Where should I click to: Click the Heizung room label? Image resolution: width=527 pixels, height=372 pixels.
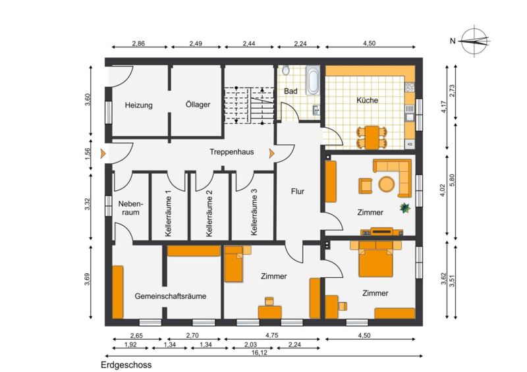coord(139,105)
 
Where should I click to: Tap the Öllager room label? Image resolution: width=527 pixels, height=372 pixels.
coord(198,104)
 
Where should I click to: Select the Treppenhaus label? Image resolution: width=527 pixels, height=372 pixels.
coord(232,152)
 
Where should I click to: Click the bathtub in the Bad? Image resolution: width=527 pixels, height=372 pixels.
coord(313,80)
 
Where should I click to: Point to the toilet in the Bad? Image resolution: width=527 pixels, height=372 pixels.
coord(286,70)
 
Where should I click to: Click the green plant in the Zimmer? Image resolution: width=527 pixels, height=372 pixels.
coord(405,208)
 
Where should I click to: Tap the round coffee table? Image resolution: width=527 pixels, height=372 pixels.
coord(387,184)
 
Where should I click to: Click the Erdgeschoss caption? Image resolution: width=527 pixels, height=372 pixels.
coord(126,365)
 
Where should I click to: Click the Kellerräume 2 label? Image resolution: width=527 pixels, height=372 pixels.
coord(209,213)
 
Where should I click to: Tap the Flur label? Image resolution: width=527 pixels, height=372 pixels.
coord(298,192)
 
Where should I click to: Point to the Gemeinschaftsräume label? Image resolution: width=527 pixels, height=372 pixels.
coord(171,296)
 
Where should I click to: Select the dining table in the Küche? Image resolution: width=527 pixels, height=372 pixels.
coord(372,138)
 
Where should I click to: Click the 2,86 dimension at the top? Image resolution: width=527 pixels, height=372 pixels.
coord(138,43)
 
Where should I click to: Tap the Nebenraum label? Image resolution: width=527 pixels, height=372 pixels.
coord(130,208)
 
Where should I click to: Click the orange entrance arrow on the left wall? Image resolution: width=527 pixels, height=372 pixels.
coord(103,153)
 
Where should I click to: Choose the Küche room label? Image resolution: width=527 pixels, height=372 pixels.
coord(367,100)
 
